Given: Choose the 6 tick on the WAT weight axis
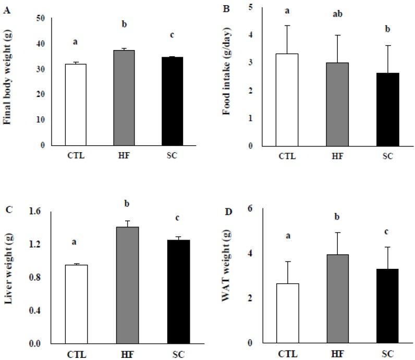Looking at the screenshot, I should pyautogui.click(x=251, y=208).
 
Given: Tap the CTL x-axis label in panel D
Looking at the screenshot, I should pyautogui.click(x=282, y=355).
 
